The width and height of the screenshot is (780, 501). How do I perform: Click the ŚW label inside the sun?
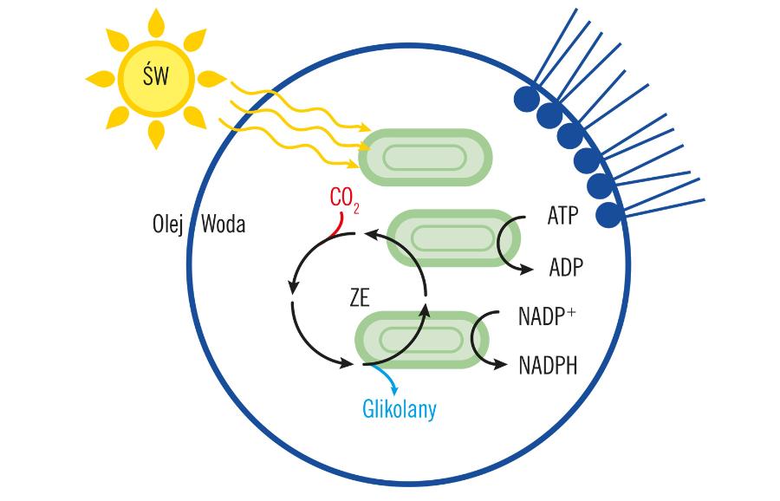point(156,81)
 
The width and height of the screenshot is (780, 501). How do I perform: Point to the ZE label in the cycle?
point(359,297)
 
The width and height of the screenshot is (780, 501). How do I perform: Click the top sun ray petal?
point(156,23)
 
